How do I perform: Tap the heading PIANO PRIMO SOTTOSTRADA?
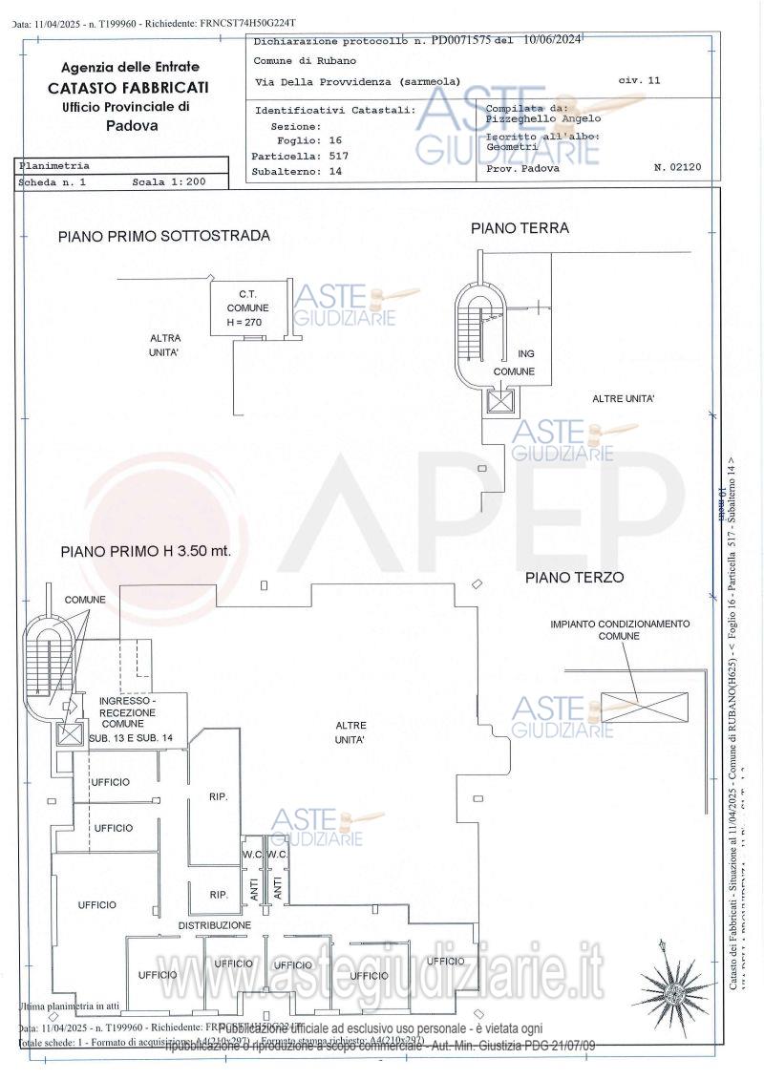pyautogui.click(x=163, y=236)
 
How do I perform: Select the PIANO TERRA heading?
pyautogui.click(x=520, y=228)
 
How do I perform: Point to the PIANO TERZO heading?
pyautogui.click(x=574, y=578)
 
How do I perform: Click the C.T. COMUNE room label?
pyautogui.click(x=247, y=307)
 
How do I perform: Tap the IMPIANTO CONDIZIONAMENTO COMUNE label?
pyautogui.click(x=619, y=629)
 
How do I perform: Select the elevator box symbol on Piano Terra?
pyautogui.click(x=500, y=401)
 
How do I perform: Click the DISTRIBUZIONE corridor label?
pyautogui.click(x=214, y=926)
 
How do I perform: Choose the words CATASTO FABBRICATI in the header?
pyautogui.click(x=129, y=87)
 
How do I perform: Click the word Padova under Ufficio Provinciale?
pyautogui.click(x=132, y=125)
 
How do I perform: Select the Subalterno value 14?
pyautogui.click(x=334, y=172)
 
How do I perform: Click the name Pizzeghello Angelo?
pyautogui.click(x=543, y=119)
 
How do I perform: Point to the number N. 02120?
pyautogui.click(x=677, y=167)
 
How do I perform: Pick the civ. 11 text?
pyautogui.click(x=639, y=81)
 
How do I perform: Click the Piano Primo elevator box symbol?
pyautogui.click(x=70, y=734)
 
